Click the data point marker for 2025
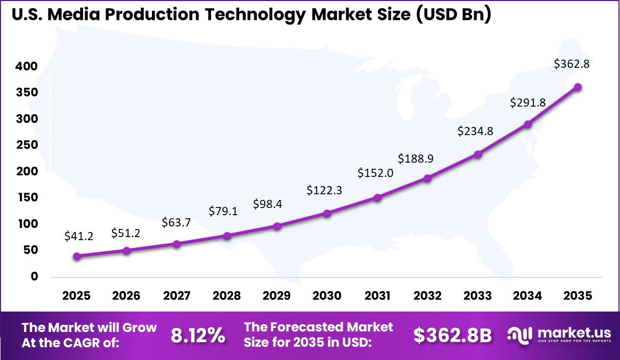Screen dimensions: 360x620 coord(76,256)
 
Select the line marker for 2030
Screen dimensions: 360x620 coord(327,213)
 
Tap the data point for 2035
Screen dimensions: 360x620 coord(578,87)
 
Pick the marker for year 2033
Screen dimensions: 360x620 coord(478,154)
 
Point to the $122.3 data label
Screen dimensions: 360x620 coord(324,190)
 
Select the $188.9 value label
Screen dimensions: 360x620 coord(417,159)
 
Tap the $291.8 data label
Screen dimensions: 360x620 coord(528,102)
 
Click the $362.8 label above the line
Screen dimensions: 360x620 coord(572,64)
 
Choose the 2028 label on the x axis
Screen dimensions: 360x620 coord(227,296)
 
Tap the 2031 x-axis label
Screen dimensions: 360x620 coord(377,296)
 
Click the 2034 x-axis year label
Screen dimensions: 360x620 coord(528,296)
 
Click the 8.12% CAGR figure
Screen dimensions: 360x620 coord(197,335)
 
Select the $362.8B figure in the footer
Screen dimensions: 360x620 coord(452,335)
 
